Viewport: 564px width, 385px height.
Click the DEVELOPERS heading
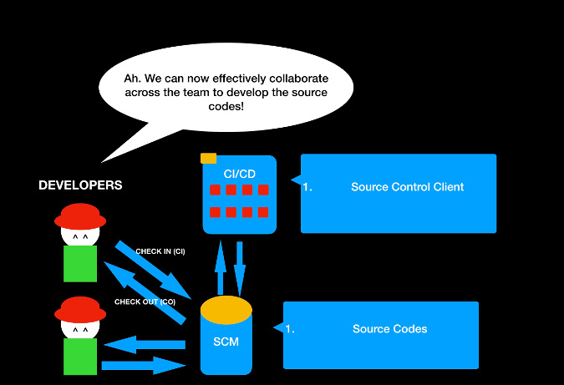pyautogui.click(x=80, y=185)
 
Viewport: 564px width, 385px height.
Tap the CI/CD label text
pyautogui.click(x=240, y=173)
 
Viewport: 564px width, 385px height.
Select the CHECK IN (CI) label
pyautogui.click(x=160, y=251)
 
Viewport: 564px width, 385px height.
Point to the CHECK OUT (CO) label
pyautogui.click(x=145, y=301)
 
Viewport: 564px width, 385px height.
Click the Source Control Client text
pyautogui.click(x=407, y=187)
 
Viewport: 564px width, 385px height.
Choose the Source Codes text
pyautogui.click(x=389, y=329)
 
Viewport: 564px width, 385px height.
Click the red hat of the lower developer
pyautogui.click(x=80, y=307)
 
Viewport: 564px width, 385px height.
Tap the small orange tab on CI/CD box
pyautogui.click(x=208, y=158)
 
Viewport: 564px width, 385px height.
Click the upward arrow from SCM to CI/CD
pyautogui.click(x=221, y=266)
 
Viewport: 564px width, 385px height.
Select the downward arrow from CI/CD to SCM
pyautogui.click(x=241, y=266)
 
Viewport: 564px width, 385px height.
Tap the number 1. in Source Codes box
pyautogui.click(x=290, y=329)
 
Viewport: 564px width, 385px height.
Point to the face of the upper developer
pyautogui.click(x=80, y=238)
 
